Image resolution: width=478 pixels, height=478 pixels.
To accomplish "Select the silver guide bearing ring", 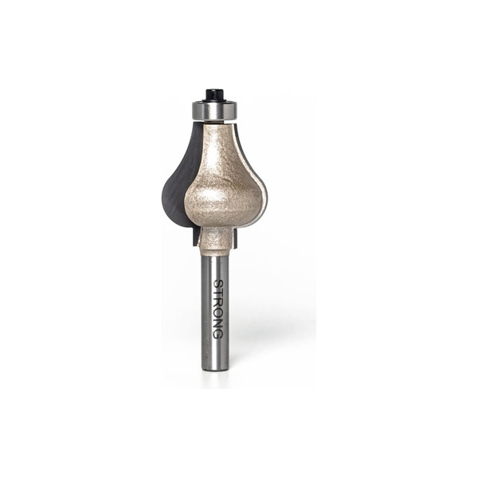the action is pos(214,111).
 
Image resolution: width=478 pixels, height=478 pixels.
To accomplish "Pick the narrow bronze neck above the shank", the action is pos(214,241).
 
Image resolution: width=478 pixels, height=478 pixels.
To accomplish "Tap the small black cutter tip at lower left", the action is pos(196,237).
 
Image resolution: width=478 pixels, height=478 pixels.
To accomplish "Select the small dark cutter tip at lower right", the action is pos(233,238).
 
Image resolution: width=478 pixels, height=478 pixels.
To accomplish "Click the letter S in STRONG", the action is pos(218,284).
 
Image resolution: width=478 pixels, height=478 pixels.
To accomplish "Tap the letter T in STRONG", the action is pos(218,292).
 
